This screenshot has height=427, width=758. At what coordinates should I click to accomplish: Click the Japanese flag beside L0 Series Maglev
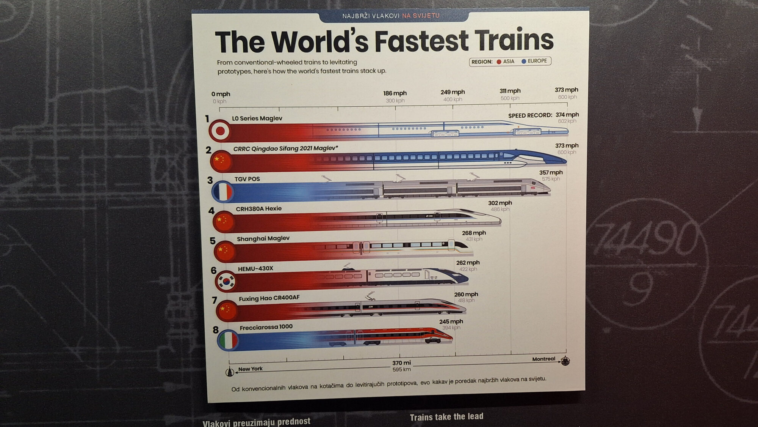(220, 131)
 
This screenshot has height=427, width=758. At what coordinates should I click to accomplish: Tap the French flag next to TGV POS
(223, 192)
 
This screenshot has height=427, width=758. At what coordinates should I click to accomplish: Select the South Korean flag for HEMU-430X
(226, 281)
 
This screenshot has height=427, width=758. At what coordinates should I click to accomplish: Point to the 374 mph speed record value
(567, 115)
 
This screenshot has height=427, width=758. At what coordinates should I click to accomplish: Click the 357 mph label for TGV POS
(551, 173)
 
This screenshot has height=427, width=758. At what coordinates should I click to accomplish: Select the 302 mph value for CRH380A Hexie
(500, 203)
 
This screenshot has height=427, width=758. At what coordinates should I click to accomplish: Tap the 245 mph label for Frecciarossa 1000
(451, 321)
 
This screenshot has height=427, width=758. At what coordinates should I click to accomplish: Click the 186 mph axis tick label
(395, 93)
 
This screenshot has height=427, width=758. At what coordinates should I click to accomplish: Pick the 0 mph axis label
(221, 94)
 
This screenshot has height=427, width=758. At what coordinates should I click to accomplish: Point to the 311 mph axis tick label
(510, 91)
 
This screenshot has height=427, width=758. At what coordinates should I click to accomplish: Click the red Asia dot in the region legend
(499, 62)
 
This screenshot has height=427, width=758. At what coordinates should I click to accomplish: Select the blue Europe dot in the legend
(524, 61)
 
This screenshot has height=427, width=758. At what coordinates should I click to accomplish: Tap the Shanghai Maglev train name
(263, 238)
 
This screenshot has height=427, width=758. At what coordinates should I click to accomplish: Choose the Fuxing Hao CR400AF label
(269, 298)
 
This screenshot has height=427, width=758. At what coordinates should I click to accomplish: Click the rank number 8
(216, 330)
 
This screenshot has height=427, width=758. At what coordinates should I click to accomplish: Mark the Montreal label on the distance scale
(543, 359)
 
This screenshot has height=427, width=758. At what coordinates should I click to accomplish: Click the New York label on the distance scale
(251, 369)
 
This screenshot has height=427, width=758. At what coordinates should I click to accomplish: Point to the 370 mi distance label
(401, 363)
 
